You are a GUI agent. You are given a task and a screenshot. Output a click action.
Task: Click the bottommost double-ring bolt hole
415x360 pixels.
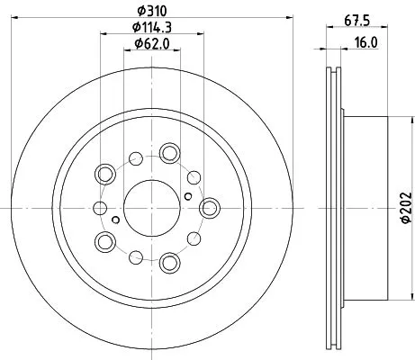point(169,263)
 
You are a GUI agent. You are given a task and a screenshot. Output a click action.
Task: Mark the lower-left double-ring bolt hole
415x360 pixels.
point(105,241)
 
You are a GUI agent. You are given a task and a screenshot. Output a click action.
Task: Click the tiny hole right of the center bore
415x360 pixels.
point(186,195)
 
